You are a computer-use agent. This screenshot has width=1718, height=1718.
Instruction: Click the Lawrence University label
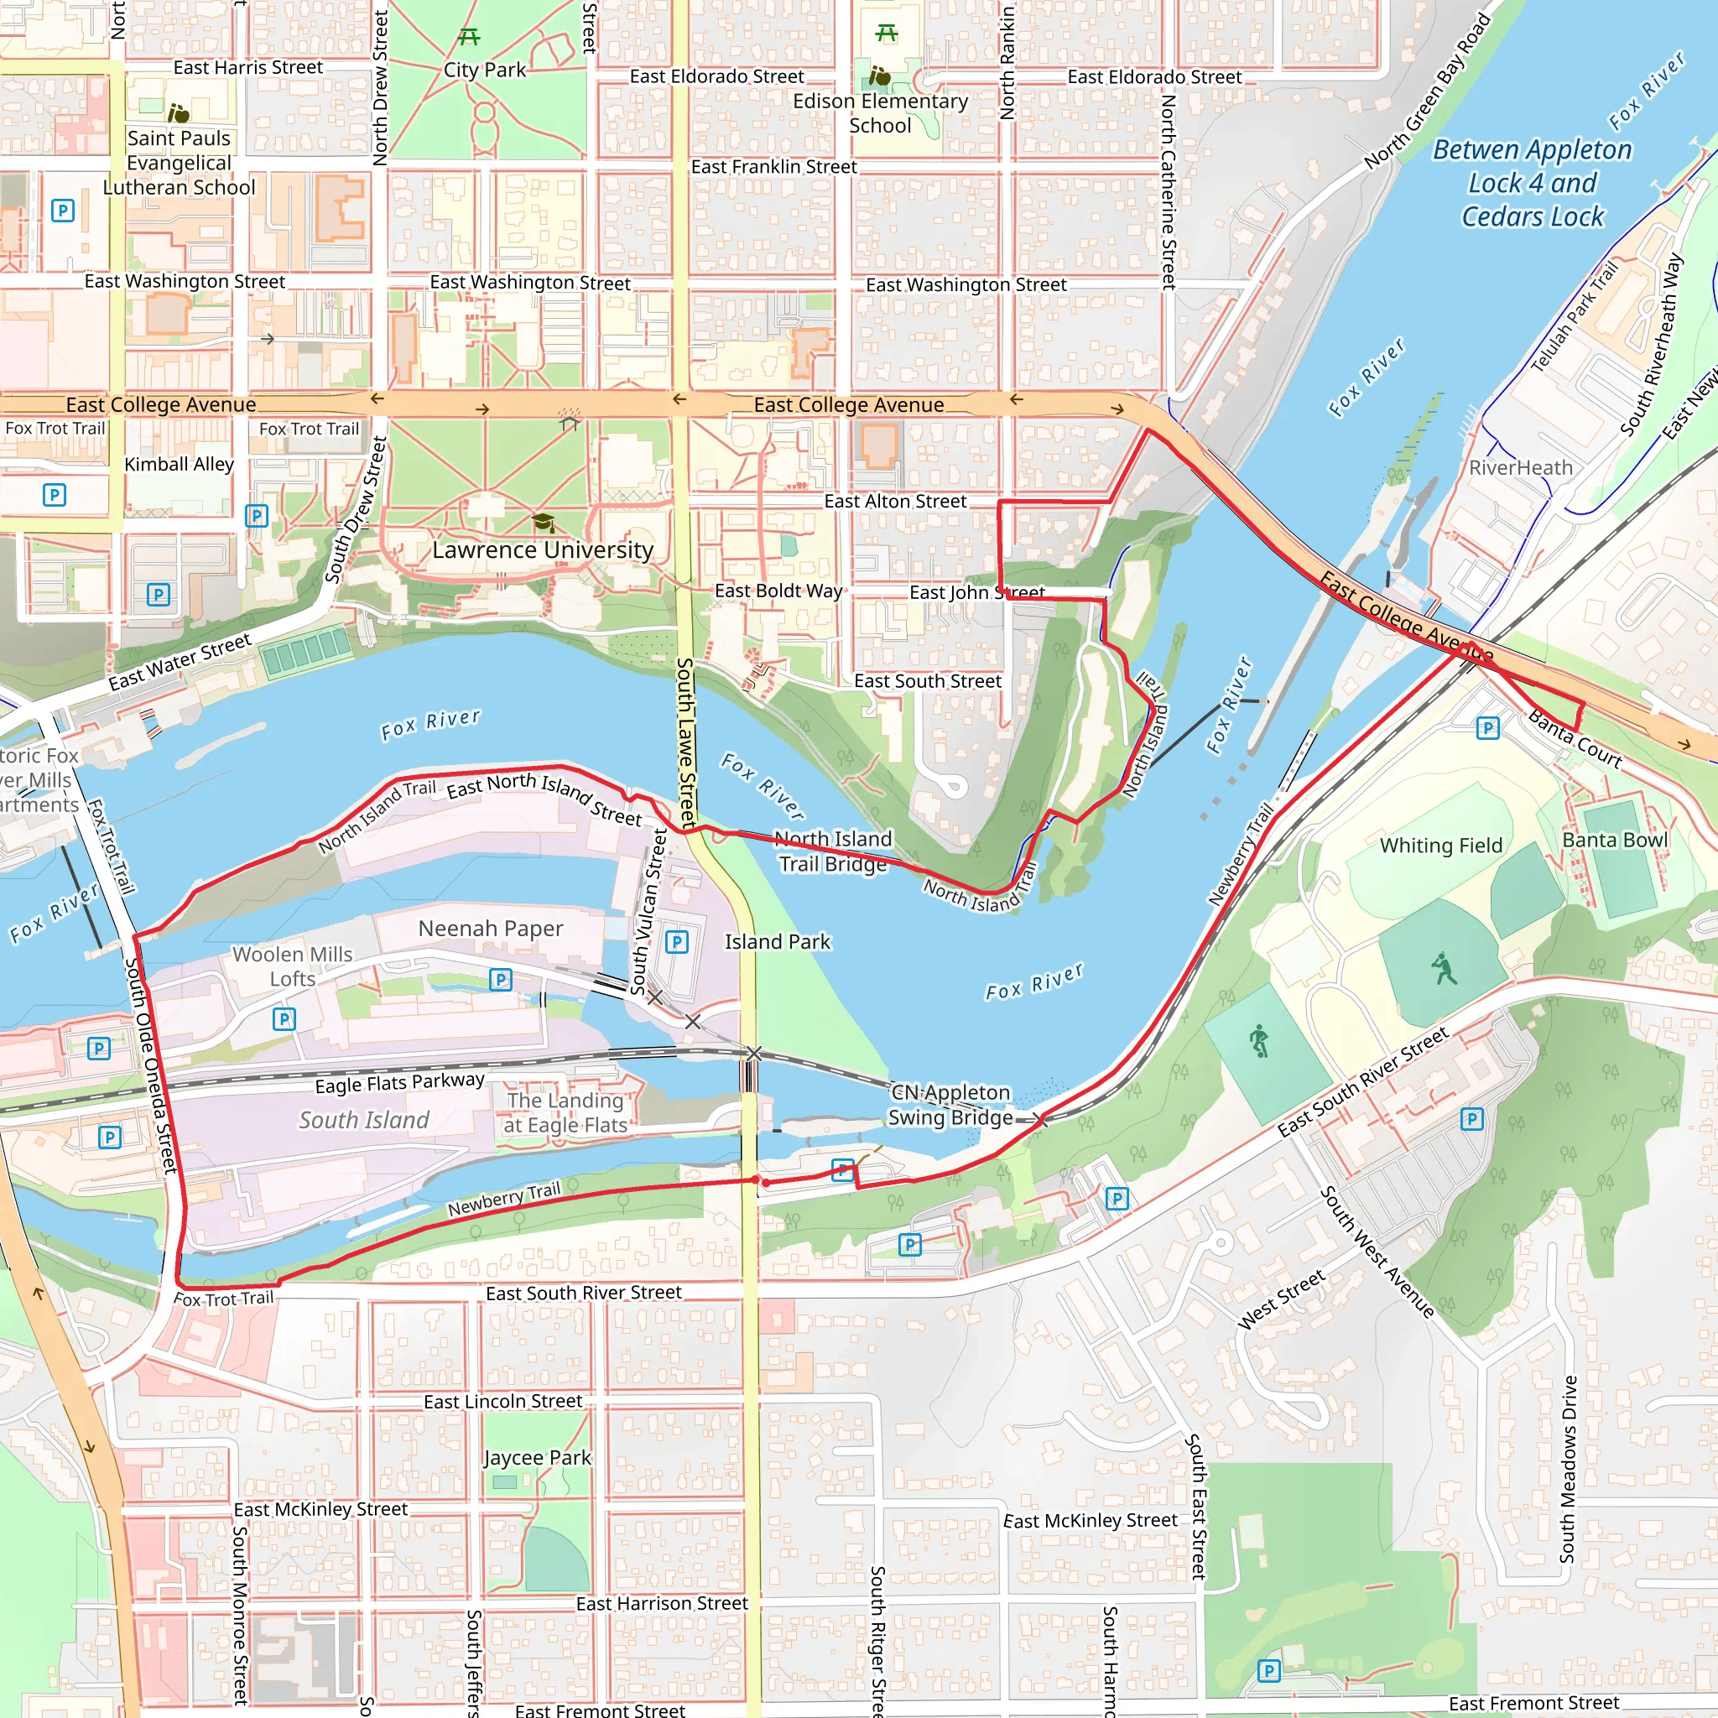point(543,550)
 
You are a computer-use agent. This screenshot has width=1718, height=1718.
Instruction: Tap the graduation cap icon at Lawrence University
point(543,522)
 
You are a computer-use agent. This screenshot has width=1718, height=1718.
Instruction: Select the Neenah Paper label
point(490,929)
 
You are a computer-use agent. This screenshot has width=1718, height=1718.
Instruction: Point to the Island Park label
point(777,942)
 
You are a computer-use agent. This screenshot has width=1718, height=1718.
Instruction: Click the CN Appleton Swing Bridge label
point(950,1105)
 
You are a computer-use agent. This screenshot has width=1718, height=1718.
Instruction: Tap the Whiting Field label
point(1440,846)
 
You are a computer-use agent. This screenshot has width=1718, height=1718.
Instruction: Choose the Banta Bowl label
point(1615,841)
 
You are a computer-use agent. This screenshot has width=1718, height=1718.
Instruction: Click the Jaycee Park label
point(537,1458)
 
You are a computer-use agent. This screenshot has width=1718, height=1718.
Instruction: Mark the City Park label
point(485,70)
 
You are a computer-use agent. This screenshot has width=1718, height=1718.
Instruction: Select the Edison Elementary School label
point(880,114)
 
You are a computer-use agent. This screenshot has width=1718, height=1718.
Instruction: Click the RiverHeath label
point(1521,468)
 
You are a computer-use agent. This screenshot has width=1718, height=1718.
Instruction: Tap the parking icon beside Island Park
point(677,942)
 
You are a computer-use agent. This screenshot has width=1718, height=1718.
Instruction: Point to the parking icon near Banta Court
point(1487,728)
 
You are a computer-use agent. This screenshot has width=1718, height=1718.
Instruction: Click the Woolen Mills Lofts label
point(293,966)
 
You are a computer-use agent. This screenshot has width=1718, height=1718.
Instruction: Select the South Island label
point(364,1121)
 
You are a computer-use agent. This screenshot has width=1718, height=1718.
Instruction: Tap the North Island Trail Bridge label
point(832,851)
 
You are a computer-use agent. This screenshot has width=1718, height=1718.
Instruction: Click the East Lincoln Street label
point(502,1402)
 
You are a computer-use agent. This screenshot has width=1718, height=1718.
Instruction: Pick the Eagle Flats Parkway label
point(399,1083)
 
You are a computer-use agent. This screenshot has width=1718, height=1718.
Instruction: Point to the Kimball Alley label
point(179,464)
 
